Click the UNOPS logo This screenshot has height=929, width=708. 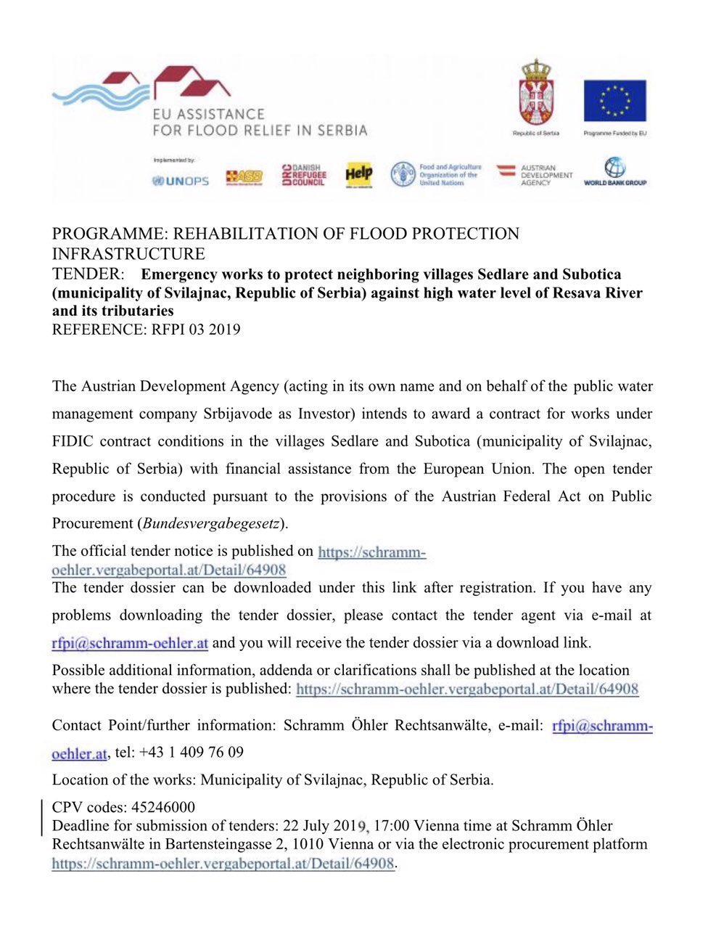point(180,181)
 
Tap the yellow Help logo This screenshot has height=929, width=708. point(358,174)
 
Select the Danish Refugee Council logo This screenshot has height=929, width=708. point(304,174)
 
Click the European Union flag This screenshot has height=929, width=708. point(614,101)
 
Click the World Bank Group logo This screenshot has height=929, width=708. point(615,172)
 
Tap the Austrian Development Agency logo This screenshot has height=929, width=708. point(535,174)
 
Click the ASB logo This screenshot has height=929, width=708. point(244,176)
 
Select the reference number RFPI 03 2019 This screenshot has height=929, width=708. point(196,330)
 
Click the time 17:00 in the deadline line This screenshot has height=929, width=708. point(392,826)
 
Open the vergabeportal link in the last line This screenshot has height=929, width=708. point(223,864)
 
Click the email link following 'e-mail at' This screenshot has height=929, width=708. point(130,643)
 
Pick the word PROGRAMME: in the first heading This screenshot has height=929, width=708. point(110,234)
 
